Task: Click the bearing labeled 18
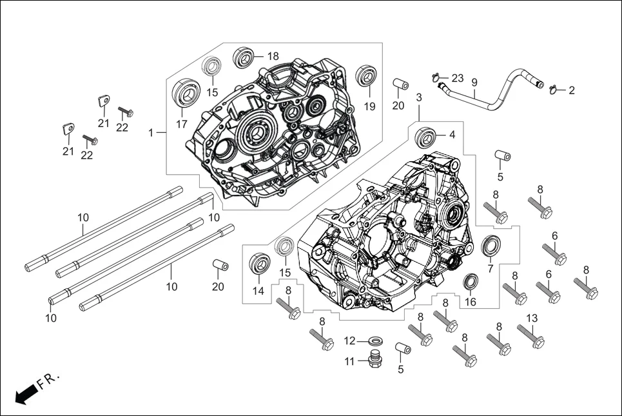pyautogui.click(x=244, y=57)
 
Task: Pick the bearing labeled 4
pyautogui.click(x=425, y=136)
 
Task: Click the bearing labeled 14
pyautogui.click(x=260, y=264)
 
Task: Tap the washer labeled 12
pyautogui.click(x=374, y=340)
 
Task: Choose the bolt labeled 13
pyautogui.click(x=530, y=336)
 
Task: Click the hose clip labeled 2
pyautogui.click(x=554, y=90)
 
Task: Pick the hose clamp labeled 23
pyautogui.click(x=441, y=79)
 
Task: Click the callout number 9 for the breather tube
pyautogui.click(x=474, y=83)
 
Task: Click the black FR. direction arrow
pyautogui.click(x=24, y=394)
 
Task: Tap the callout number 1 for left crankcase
pyautogui.click(x=151, y=133)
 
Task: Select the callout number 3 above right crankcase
pyautogui.click(x=419, y=97)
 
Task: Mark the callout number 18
pyautogui.click(x=273, y=56)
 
